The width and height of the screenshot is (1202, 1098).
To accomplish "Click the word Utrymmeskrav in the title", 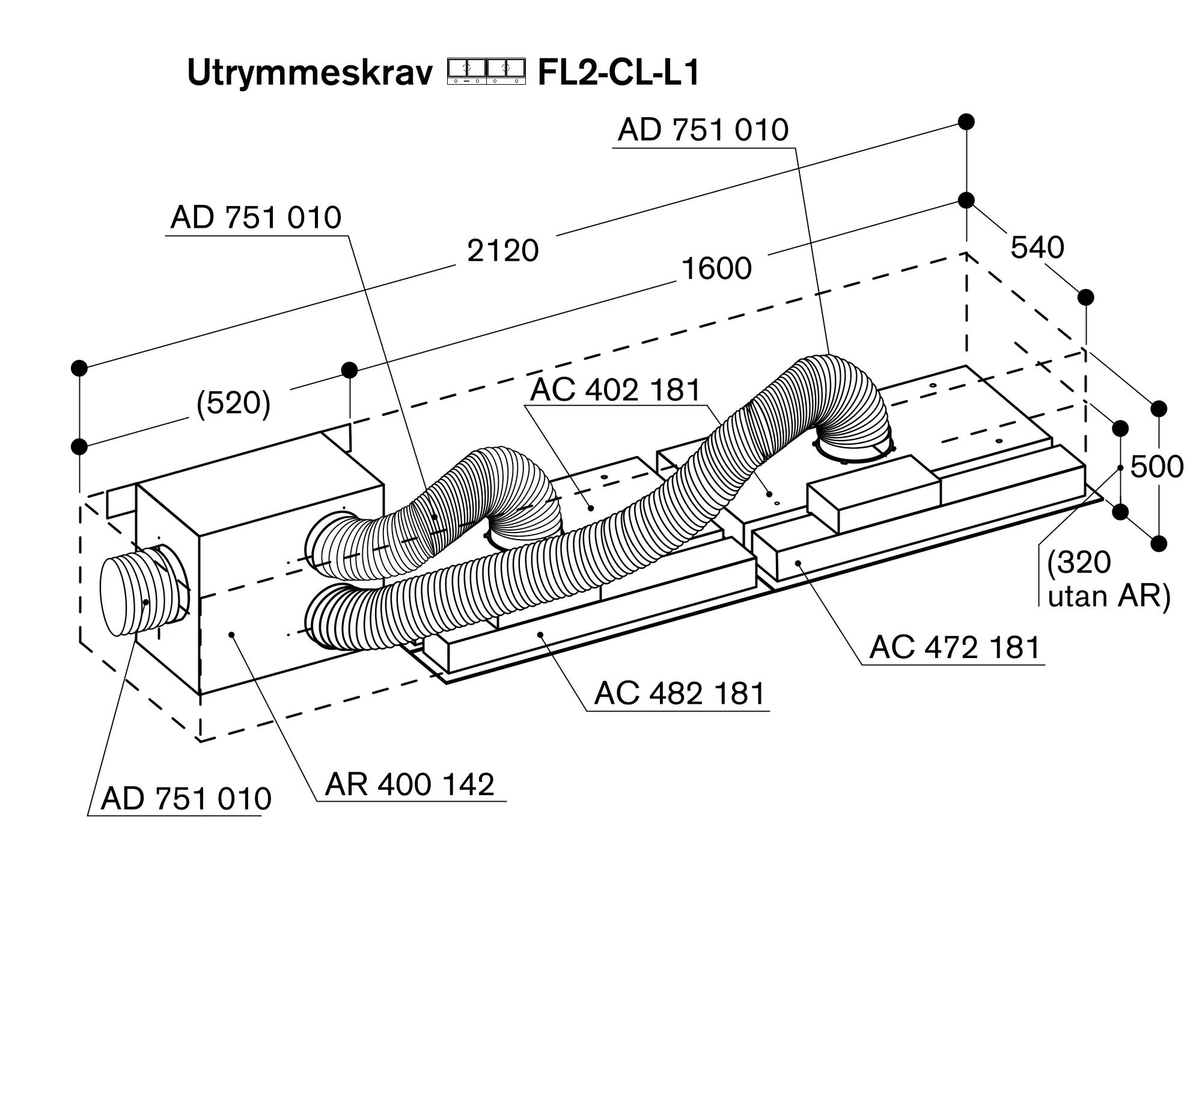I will pos(310,73).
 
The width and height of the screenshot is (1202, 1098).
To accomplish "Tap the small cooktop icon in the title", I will pos(486,71).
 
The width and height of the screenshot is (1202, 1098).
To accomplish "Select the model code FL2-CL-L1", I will pos(618,73).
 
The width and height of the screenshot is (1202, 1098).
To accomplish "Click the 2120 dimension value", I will pos(502,251).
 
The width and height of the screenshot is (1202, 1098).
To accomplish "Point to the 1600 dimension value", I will pos(716,269).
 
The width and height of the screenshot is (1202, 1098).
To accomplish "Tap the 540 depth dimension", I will pos(1037,248).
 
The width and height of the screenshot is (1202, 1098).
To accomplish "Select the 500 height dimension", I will pos(1156,466).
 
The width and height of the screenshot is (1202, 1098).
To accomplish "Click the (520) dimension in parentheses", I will pos(234,403).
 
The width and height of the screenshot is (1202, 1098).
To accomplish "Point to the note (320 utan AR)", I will pos(1108,579).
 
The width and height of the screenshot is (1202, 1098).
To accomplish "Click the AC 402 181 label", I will pos(615,390).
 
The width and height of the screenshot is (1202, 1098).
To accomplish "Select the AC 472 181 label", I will pos(954,648).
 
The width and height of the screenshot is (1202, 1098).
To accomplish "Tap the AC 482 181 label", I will pos(679,694).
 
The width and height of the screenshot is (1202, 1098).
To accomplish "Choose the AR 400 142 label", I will pos(410,784).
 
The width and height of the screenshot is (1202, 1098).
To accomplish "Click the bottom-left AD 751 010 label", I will pos(186,799).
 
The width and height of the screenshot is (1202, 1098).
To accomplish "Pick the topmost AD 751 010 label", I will pos(703,130).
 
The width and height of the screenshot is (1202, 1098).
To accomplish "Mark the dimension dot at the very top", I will pos(966,121).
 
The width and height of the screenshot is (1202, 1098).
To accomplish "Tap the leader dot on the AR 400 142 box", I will pos(231,635).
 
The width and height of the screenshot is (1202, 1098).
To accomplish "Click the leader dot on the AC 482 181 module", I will pos(541,634).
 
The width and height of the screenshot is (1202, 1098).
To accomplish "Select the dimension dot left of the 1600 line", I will pos(349,370).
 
